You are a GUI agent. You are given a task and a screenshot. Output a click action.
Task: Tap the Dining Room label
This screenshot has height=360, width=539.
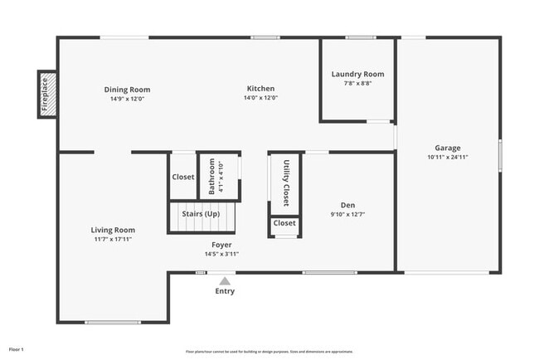tap(127, 90)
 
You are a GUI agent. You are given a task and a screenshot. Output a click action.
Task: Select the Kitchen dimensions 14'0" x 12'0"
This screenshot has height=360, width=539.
tap(260, 98)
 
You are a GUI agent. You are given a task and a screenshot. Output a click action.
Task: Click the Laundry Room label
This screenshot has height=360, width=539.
tap(357, 74)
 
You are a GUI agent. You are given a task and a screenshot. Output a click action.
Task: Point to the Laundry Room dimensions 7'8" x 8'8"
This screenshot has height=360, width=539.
tap(357, 83)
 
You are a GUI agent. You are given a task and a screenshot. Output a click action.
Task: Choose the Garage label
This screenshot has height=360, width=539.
tap(448, 148)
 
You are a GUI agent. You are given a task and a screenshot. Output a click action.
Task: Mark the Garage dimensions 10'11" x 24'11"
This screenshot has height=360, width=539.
tap(448, 157)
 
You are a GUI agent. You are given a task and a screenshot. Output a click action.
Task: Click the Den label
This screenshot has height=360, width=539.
tap(348, 205)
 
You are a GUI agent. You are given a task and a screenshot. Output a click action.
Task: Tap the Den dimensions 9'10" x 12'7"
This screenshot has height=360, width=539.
tap(348, 214)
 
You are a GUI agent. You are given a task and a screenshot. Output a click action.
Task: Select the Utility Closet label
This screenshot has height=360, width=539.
tap(286, 182)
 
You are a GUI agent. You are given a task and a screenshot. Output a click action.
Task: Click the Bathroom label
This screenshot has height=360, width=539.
tap(212, 176)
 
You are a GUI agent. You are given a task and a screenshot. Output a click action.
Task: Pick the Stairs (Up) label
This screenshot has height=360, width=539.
tap(201, 214)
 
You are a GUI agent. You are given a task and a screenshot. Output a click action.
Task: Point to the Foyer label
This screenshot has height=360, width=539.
tap(221, 245)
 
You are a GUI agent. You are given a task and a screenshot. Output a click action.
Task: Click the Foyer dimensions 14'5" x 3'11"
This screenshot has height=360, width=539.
tap(221, 254)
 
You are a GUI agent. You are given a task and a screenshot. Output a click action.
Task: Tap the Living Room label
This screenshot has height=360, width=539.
tap(113, 230)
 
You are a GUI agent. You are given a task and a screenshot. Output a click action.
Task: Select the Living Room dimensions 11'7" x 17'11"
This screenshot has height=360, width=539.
tap(113, 239)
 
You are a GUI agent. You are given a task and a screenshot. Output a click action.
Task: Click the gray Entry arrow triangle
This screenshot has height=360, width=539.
tap(225, 281)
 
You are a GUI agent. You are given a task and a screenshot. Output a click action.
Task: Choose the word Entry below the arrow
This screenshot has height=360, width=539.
tap(225, 291)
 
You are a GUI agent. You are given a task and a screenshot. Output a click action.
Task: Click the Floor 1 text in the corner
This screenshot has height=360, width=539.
tap(17, 349)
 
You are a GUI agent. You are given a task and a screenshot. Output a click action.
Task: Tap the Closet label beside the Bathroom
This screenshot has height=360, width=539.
tap(182, 177)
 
